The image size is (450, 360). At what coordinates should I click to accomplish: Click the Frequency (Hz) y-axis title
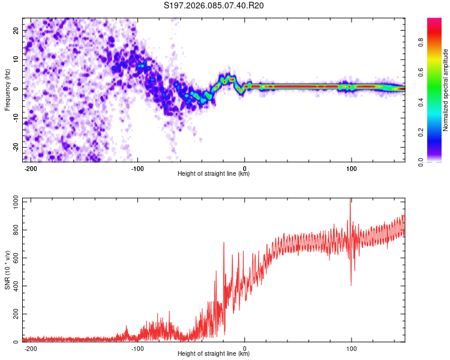8,90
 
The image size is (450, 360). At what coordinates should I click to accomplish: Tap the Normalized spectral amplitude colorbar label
446,90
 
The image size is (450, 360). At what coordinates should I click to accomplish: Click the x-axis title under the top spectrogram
214,173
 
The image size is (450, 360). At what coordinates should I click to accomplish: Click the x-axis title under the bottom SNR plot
214,353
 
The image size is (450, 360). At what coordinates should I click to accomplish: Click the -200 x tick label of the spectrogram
31,167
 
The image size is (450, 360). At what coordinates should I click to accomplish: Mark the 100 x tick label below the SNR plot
351,347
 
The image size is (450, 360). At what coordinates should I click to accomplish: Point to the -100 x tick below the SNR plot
137,347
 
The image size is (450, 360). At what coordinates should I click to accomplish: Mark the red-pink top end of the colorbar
434,22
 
